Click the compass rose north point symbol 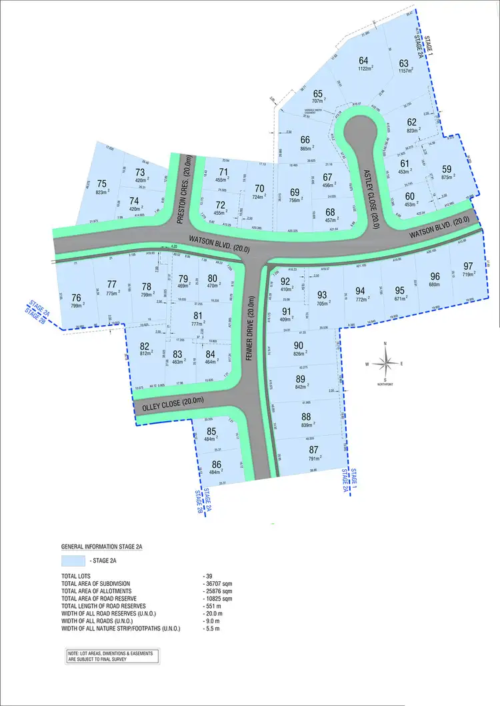385,363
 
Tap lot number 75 101,184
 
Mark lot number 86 215,464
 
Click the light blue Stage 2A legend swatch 73,561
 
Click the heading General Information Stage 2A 101,546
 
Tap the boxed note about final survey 109,656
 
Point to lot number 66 305,139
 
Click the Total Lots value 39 209,575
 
